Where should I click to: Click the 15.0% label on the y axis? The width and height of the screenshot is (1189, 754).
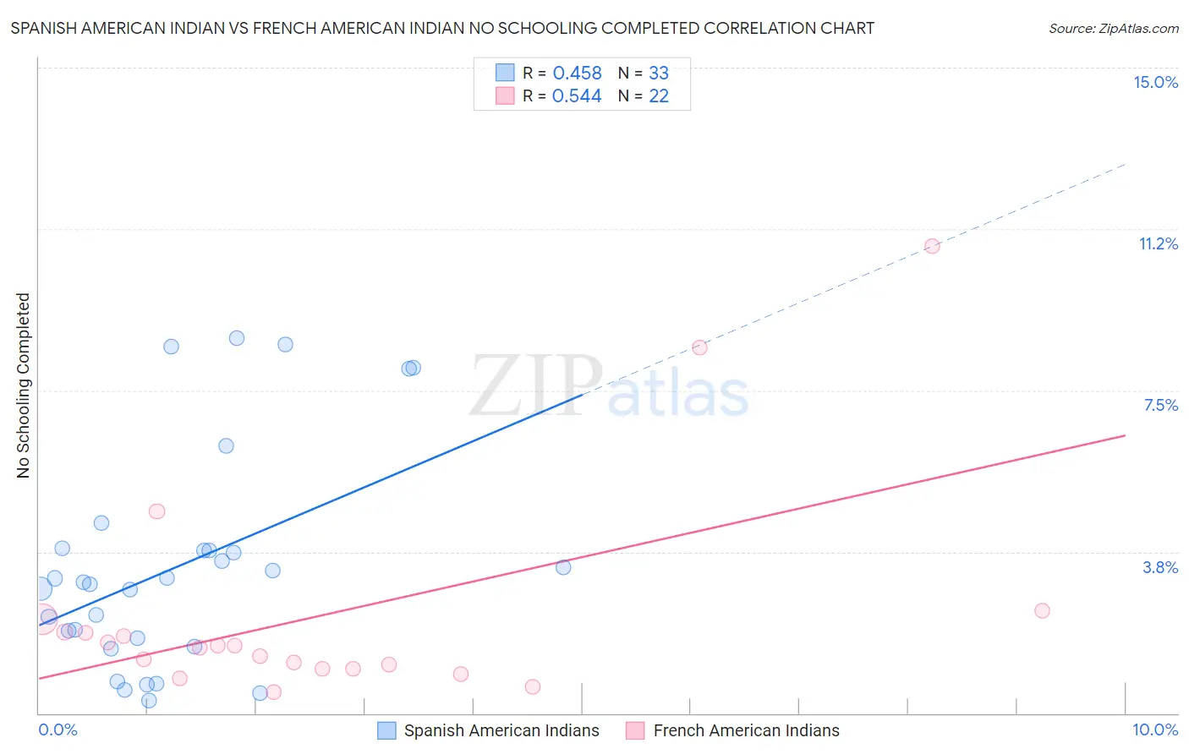pos(1155,82)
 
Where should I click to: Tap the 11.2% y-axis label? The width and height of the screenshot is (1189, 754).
pos(1158,243)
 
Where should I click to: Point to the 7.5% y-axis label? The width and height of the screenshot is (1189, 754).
pos(1160,405)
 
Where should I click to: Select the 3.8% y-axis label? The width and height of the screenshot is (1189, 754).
pos(1160,567)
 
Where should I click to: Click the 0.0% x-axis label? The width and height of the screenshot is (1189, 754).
pos(58,729)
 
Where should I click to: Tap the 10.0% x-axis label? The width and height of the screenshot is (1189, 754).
pos(1154,729)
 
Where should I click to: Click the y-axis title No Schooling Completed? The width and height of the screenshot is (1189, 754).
pos(23,385)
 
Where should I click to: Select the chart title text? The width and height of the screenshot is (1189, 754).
pos(442,28)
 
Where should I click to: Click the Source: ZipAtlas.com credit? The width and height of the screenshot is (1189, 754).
pos(1113,28)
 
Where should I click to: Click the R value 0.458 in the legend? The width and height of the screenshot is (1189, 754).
pos(577,74)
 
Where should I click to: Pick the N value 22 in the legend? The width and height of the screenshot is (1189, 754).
pos(659,96)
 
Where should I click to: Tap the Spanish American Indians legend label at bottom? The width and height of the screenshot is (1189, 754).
pos(501,730)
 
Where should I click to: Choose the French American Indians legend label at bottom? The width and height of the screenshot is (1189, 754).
pos(746,730)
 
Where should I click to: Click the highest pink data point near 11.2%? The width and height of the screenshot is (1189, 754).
pos(932,246)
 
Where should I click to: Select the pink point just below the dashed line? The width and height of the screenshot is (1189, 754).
pos(699,347)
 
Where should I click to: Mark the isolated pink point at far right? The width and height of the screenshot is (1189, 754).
pos(1042,610)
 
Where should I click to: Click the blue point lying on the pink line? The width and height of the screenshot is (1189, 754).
pos(563,567)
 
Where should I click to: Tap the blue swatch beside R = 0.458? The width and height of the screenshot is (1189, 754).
pos(505,73)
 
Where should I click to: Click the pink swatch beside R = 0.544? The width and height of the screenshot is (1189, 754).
pos(505,96)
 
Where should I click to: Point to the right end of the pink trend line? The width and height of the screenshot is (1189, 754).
pos(1125,435)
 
